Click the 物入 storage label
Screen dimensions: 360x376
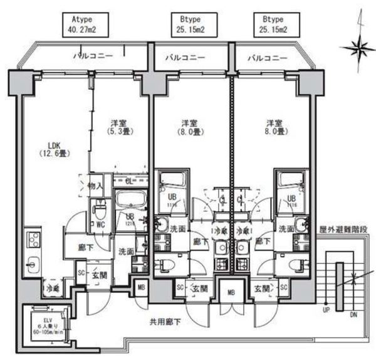tap(95, 186)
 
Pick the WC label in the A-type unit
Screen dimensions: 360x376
tap(99, 224)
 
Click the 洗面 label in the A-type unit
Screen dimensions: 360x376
tap(125, 251)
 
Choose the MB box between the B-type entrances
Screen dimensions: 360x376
tap(231, 292)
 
